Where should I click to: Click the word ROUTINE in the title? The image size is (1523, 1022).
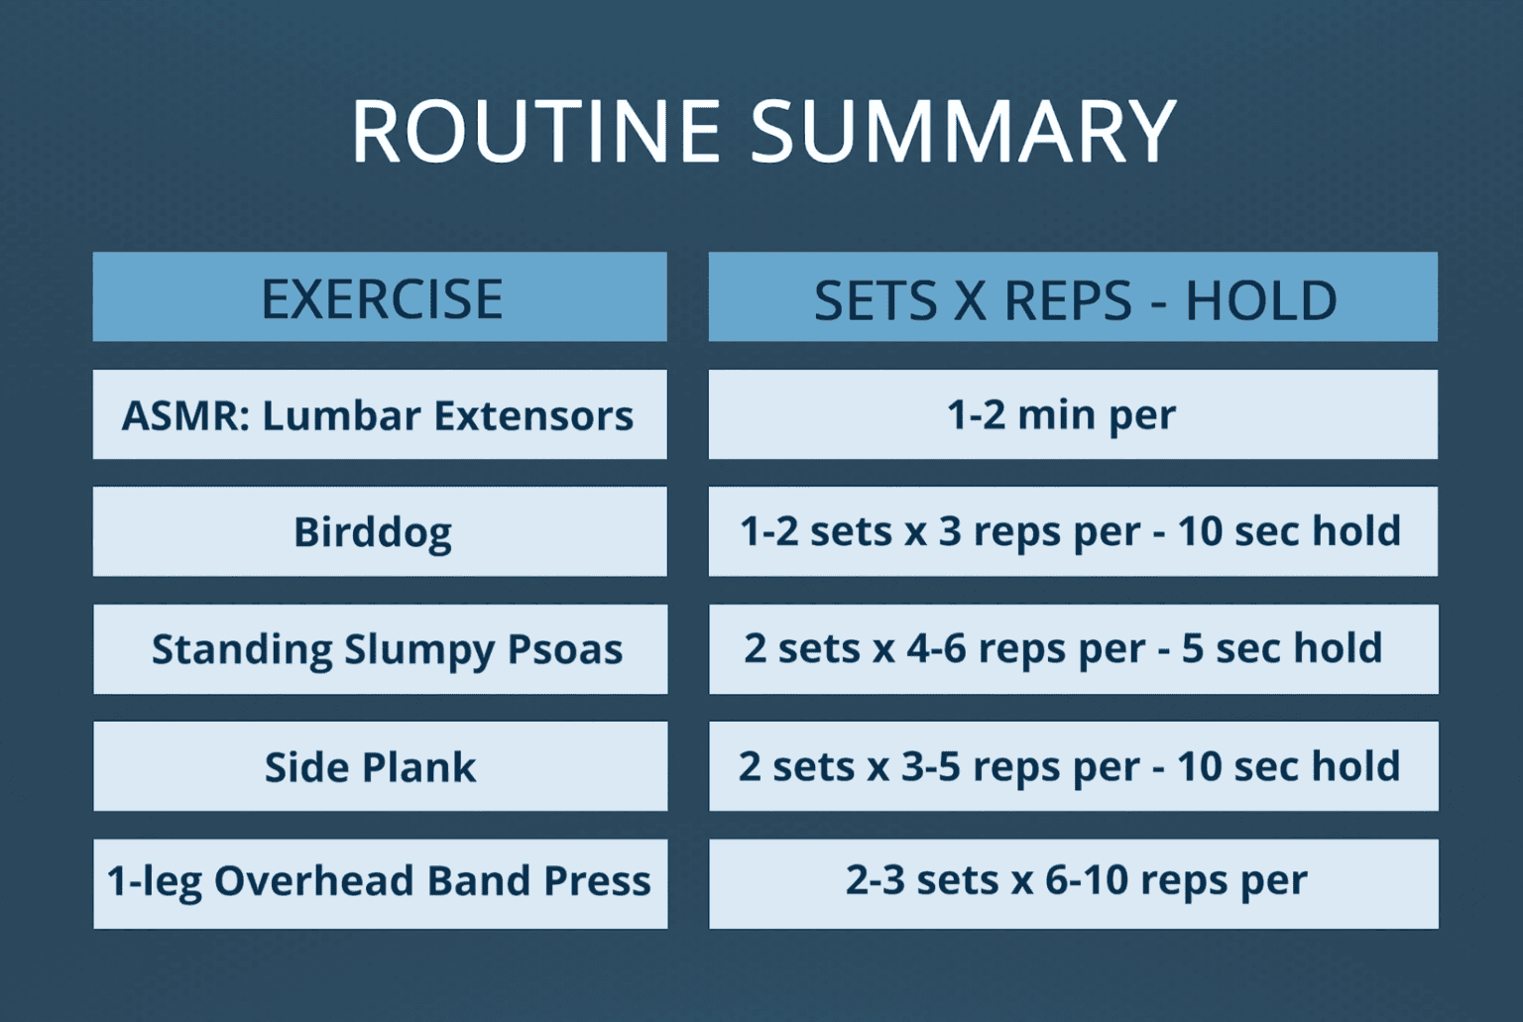click(x=536, y=131)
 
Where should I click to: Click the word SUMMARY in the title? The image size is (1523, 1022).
click(x=963, y=131)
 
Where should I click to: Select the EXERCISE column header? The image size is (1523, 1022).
click(x=381, y=298)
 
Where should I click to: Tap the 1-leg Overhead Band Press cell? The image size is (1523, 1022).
click(x=379, y=881)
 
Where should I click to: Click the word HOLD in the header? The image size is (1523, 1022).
click(x=1261, y=300)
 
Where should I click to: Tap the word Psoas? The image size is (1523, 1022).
click(x=565, y=650)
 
